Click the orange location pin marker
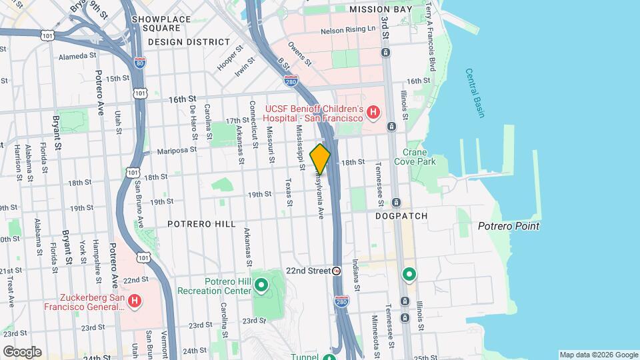click(x=320, y=159)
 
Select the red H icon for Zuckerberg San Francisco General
click(x=135, y=301)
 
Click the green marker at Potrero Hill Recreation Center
click(x=261, y=287)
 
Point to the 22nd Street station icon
click(x=337, y=271)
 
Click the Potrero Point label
click(x=508, y=227)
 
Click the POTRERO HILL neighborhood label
click(x=201, y=224)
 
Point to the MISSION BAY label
click(x=377, y=10)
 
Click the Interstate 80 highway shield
click(x=139, y=63)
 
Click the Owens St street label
click(x=300, y=53)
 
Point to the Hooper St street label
click(x=228, y=59)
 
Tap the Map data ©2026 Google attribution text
click(x=599, y=355)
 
